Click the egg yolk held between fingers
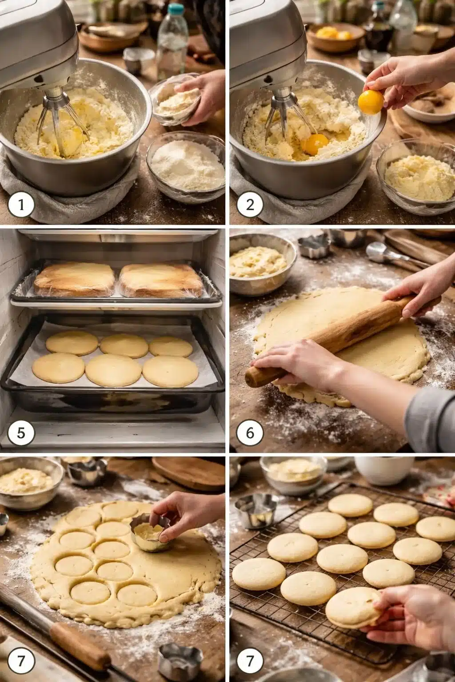[x=371, y=102]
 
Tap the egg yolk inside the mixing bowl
[x=315, y=144]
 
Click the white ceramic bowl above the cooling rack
[x=383, y=471]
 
